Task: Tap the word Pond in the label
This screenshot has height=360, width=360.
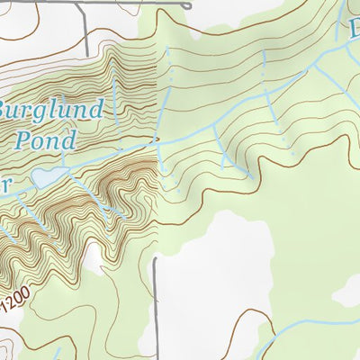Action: pyautogui.click(x=45, y=140)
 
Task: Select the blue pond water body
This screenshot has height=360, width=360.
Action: pyautogui.click(x=46, y=179)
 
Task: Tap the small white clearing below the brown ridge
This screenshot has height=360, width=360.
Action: pyautogui.click(x=93, y=261)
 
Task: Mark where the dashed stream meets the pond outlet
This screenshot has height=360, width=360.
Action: pyautogui.click(x=157, y=140)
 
